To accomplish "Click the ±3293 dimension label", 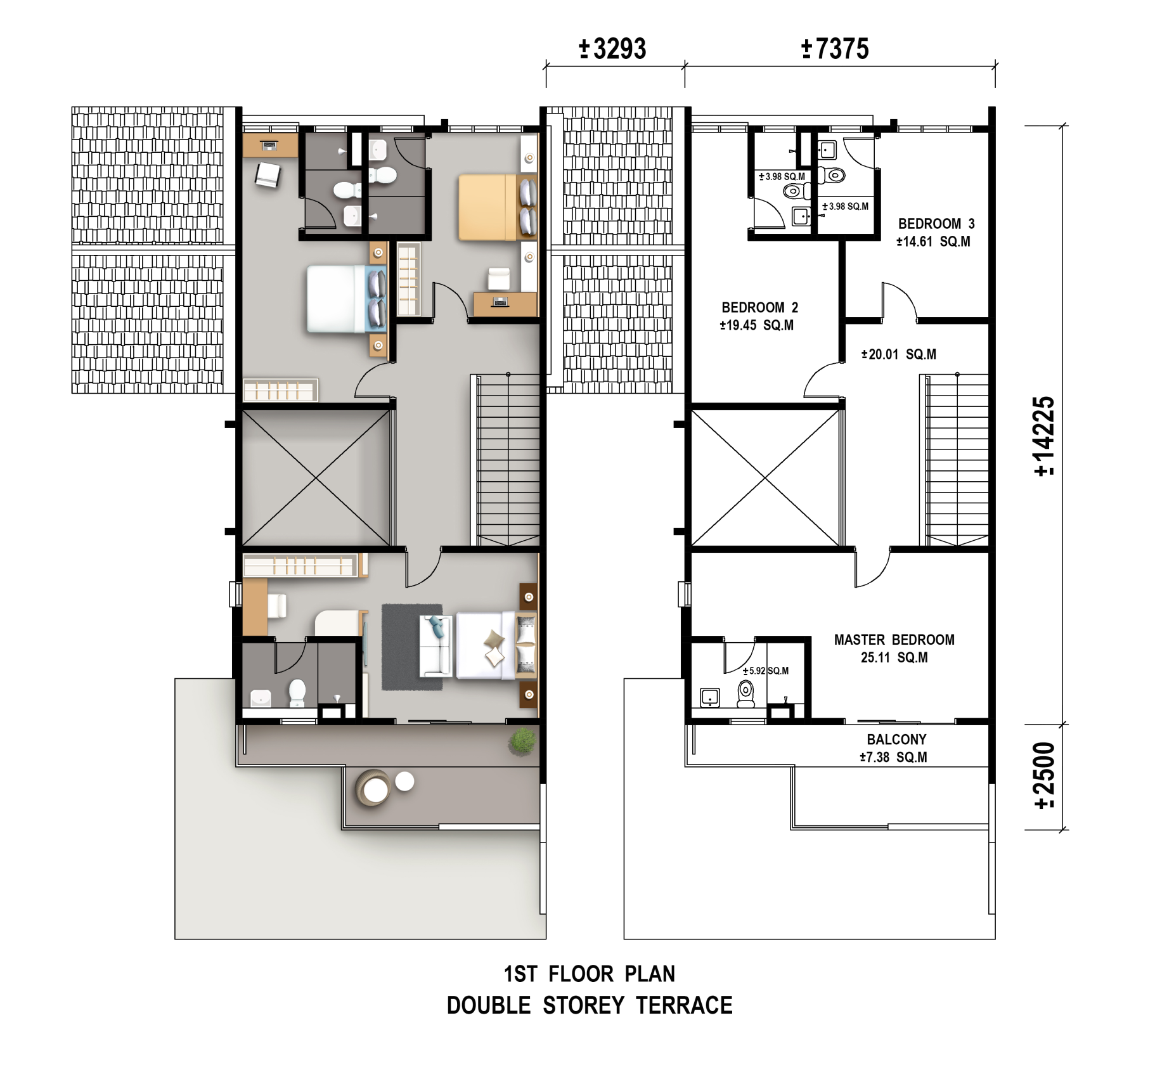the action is (x=612, y=49).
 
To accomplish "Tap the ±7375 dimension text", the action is (x=835, y=49).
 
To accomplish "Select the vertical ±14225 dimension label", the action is (x=1044, y=436).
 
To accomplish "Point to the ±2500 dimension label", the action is (x=1044, y=775).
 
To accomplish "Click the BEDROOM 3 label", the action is (x=936, y=224).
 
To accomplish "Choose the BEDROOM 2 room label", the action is (x=759, y=307).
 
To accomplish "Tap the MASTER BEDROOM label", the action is (x=894, y=640).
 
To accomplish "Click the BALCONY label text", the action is (x=896, y=739).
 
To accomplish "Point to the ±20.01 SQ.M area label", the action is (x=898, y=354).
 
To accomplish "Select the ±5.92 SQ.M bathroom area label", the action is (x=766, y=671).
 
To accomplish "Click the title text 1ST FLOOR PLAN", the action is (x=590, y=974).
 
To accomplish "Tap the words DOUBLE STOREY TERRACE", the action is (x=590, y=1005).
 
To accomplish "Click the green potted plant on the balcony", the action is (x=522, y=741).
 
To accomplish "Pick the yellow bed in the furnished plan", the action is (x=487, y=207).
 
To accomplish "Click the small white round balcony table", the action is (x=404, y=781).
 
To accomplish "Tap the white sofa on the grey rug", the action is (x=436, y=645).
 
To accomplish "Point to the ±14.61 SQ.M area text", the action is (x=932, y=242).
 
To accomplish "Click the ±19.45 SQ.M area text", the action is (x=756, y=325).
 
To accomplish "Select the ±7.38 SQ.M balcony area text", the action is (x=893, y=757).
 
